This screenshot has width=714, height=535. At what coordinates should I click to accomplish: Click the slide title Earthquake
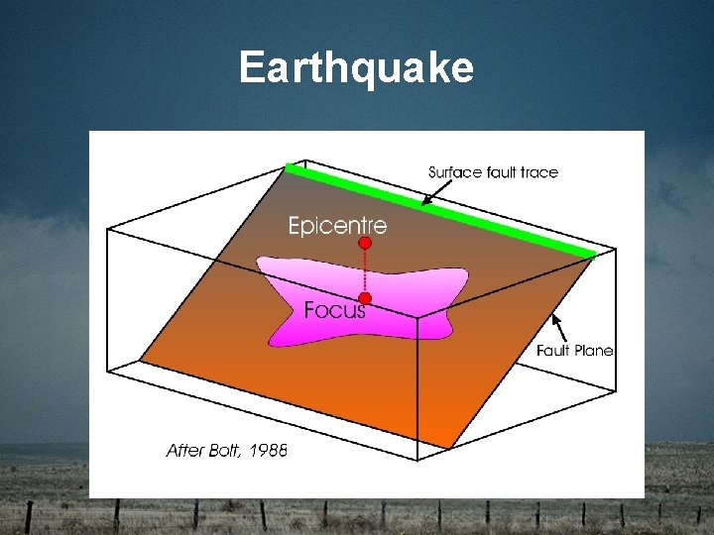coord(356,68)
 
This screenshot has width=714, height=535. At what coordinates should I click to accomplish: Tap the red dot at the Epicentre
coord(365,242)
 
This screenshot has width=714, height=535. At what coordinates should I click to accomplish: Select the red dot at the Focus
coord(365,298)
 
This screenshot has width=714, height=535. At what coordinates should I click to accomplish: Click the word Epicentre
coord(337,226)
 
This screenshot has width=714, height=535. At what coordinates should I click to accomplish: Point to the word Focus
coord(334,310)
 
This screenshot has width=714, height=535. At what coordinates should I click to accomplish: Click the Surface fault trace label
coord(493,172)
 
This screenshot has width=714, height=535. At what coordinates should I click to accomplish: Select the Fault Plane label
coord(574,350)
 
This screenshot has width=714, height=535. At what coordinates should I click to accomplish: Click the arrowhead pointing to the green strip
coord(424,204)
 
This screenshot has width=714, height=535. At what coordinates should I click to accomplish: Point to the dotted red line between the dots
coord(365,270)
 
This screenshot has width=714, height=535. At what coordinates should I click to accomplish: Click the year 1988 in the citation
coord(268,450)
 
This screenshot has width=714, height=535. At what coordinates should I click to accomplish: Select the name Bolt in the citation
coord(224,450)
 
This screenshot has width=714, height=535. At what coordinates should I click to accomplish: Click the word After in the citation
coord(184,450)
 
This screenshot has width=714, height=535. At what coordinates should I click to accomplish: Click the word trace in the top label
coord(538,172)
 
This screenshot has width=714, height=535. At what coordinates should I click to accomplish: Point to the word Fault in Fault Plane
coord(553,350)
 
